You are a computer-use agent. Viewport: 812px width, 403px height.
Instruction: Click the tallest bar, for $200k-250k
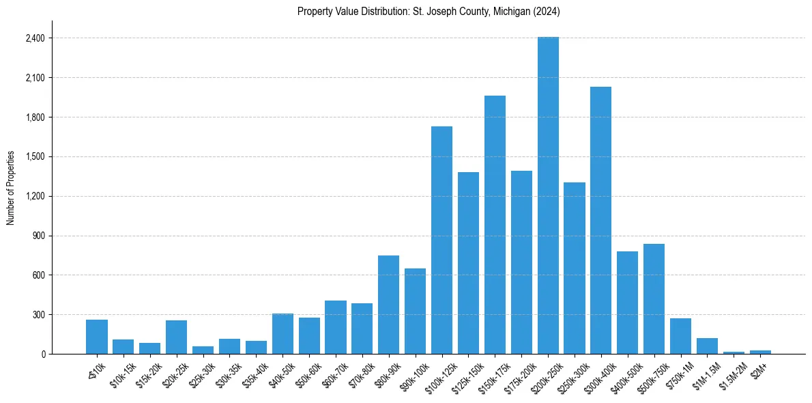[x=548, y=195]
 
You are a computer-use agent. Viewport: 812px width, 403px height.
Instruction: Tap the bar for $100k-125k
[x=441, y=240]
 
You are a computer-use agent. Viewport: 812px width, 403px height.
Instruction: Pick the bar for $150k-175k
[x=495, y=225]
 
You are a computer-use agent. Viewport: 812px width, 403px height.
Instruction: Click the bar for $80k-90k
[x=388, y=305]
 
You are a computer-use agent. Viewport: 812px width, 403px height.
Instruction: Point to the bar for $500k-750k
[x=654, y=298]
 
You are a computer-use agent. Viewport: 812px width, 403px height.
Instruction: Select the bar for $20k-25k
[x=176, y=337]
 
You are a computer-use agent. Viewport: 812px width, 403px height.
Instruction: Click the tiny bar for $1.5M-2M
[x=734, y=352]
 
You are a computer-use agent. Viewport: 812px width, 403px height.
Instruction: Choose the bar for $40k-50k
[x=282, y=333]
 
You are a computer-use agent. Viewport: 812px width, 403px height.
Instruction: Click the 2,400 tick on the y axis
[x=35, y=38]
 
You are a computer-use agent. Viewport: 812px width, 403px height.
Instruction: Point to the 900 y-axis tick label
[x=38, y=236]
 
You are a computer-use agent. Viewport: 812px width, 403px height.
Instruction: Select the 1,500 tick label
[x=35, y=156]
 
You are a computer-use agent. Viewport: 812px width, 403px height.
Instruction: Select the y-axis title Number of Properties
[x=10, y=188]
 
